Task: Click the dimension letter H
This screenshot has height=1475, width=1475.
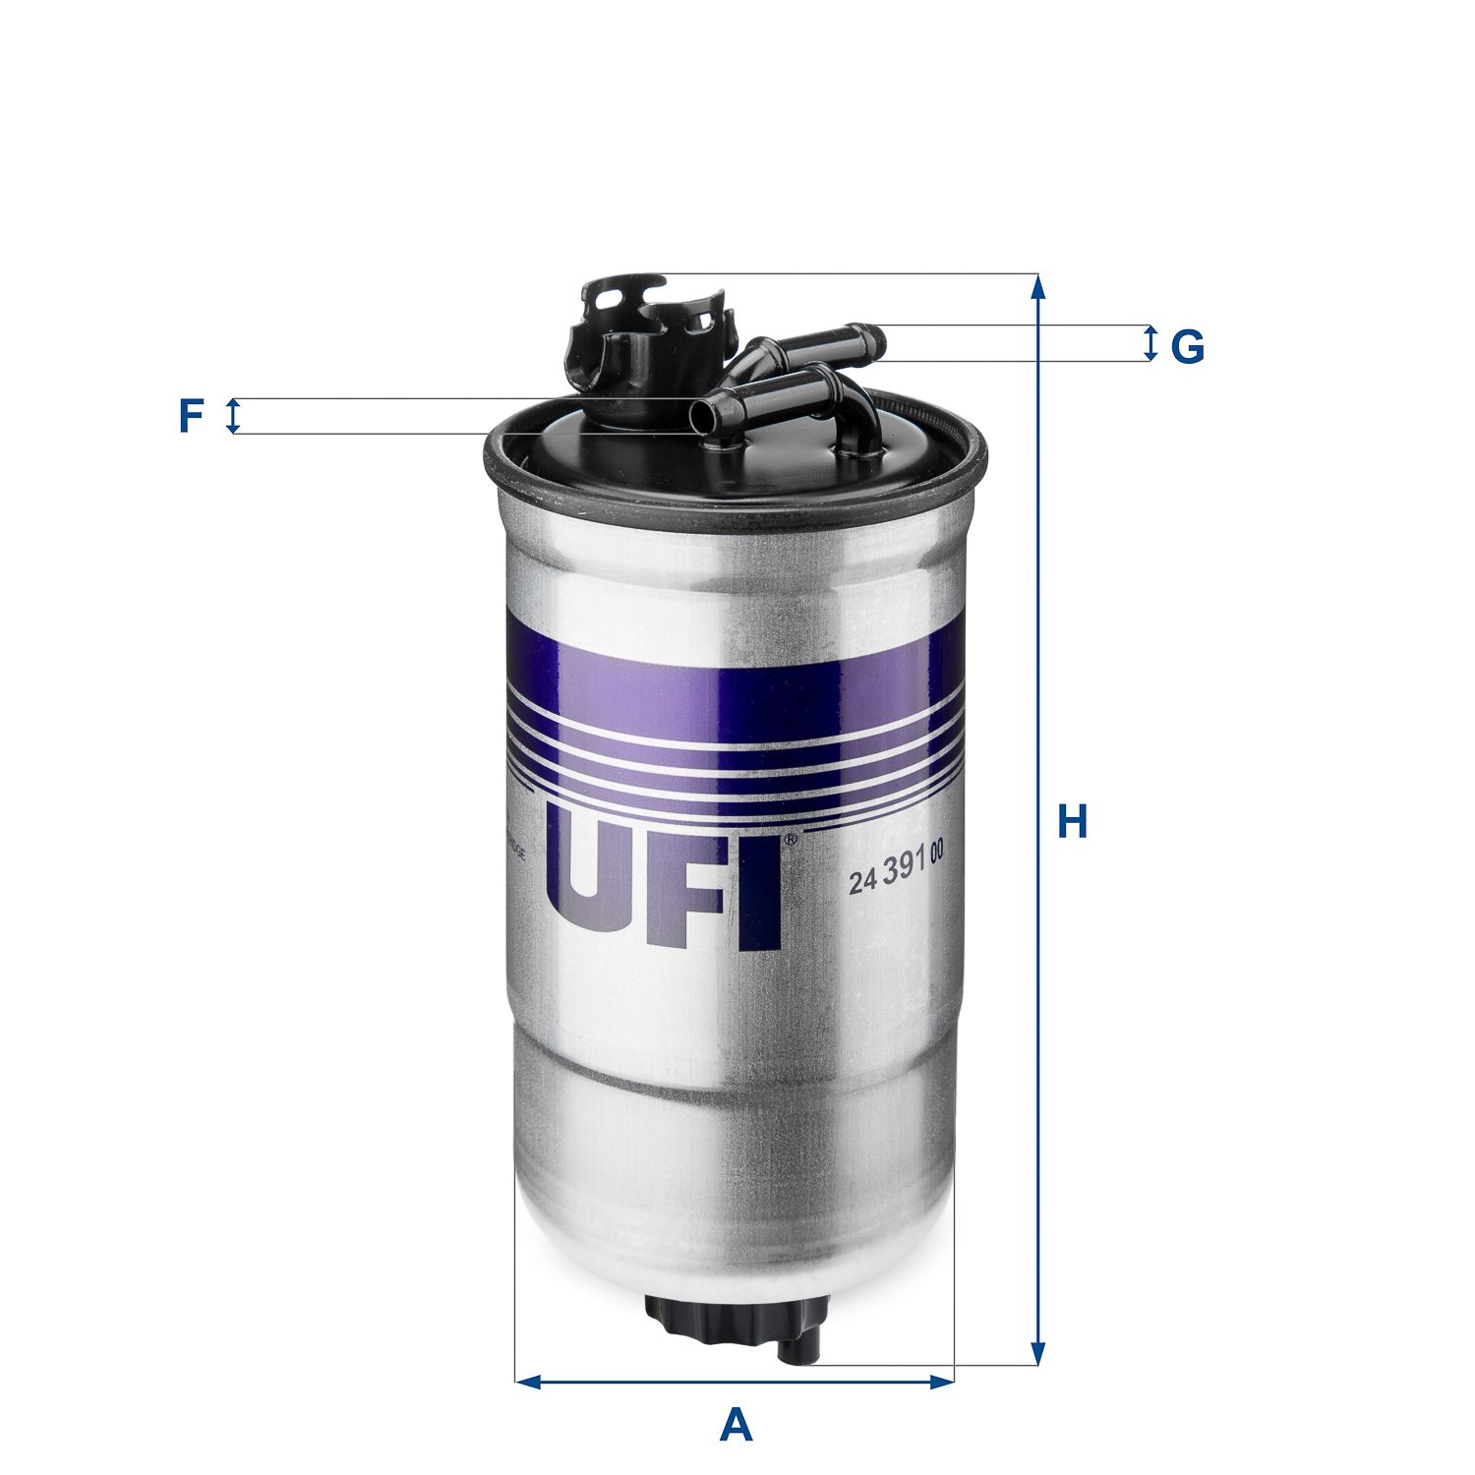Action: tap(1071, 822)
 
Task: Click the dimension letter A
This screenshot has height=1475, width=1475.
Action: tap(736, 1425)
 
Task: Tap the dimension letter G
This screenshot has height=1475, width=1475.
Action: tap(1187, 346)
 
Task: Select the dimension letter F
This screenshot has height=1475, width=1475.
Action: tap(190, 416)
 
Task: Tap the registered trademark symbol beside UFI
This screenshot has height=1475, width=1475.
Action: tap(790, 840)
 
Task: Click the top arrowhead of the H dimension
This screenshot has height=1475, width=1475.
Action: tap(1036, 286)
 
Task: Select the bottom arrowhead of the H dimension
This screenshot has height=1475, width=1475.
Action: tap(1036, 1352)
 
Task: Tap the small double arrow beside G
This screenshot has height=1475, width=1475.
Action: tap(1150, 343)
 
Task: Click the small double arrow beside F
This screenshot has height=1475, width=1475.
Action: tap(233, 416)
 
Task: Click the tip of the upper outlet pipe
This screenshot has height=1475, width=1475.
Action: tap(873, 341)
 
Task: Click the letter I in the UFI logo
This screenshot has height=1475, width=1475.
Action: tap(761, 895)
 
